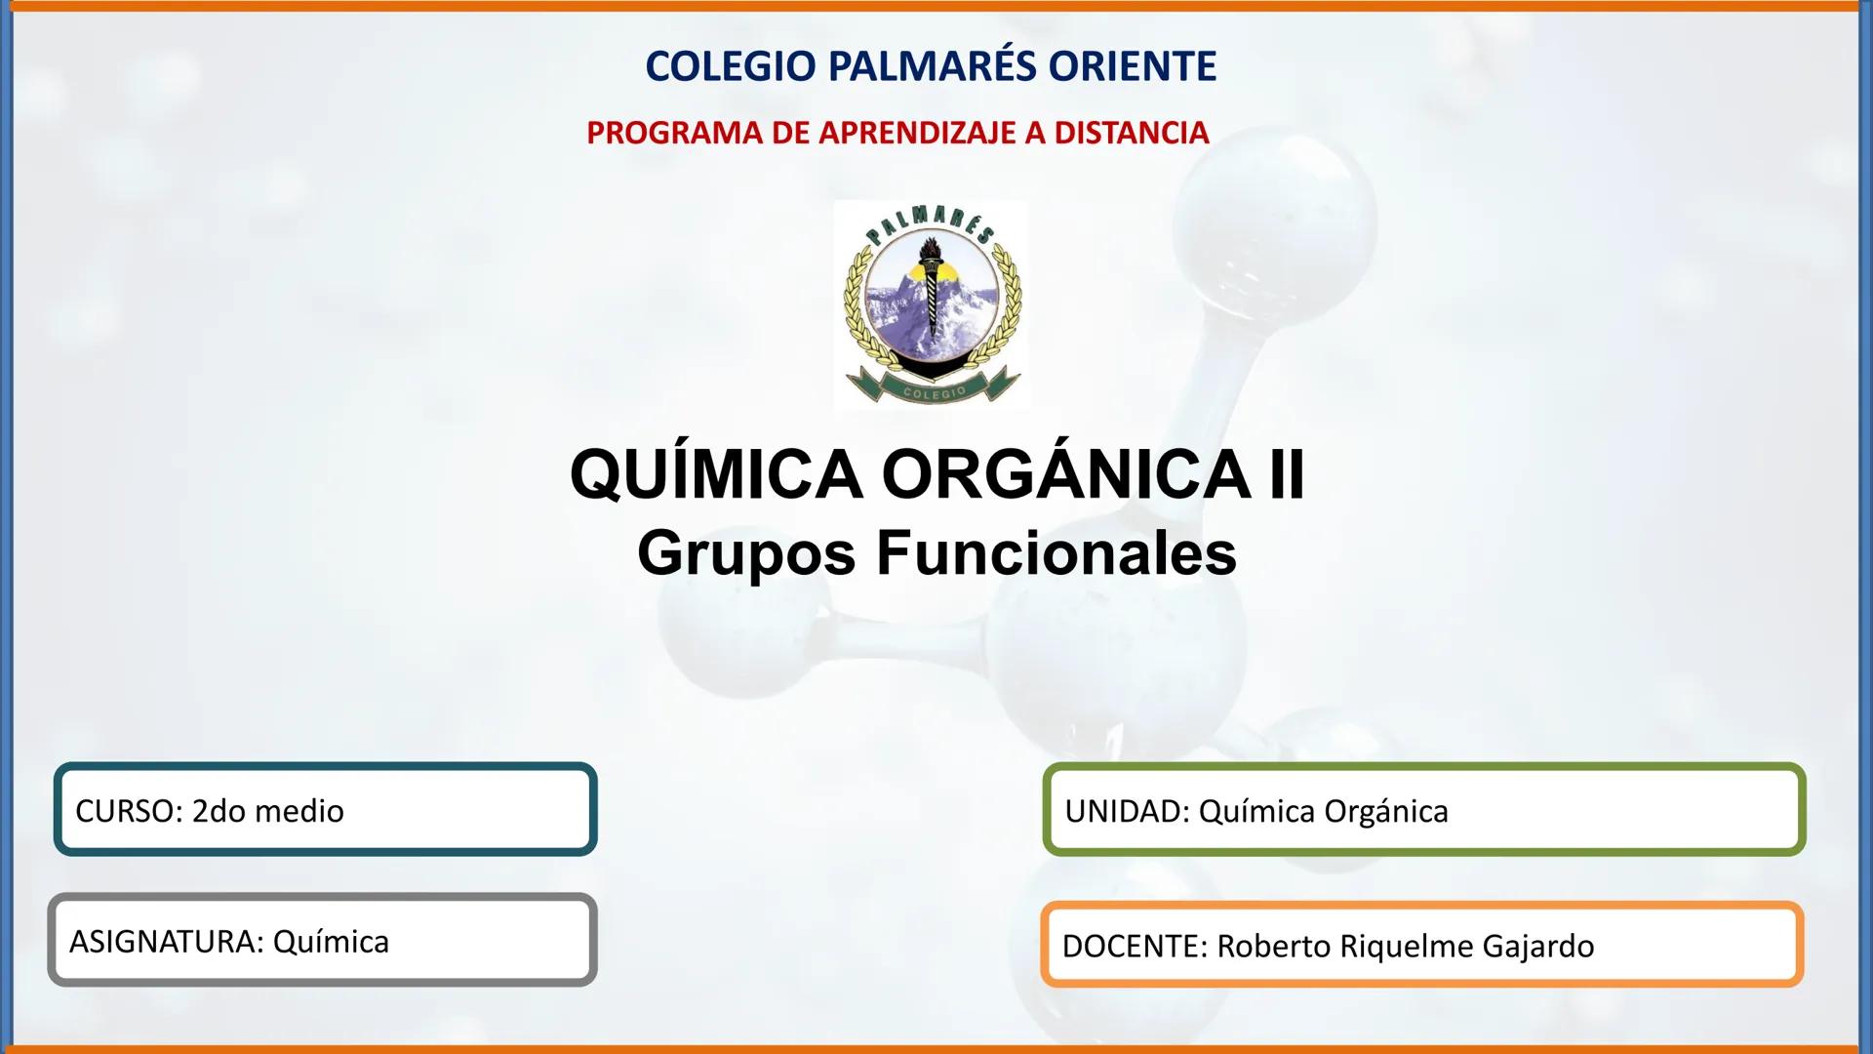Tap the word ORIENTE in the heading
point(1133,66)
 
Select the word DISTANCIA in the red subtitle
point(1133,133)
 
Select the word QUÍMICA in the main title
point(716,475)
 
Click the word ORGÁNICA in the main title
point(1066,475)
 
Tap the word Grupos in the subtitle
point(747,553)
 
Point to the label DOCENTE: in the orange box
point(1135,946)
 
